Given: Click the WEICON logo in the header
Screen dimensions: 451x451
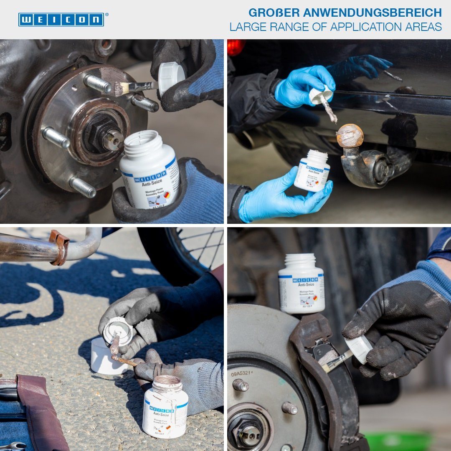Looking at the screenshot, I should pyautogui.click(x=61, y=20).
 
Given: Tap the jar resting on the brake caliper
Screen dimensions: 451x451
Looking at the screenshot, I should pyautogui.click(x=301, y=284).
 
